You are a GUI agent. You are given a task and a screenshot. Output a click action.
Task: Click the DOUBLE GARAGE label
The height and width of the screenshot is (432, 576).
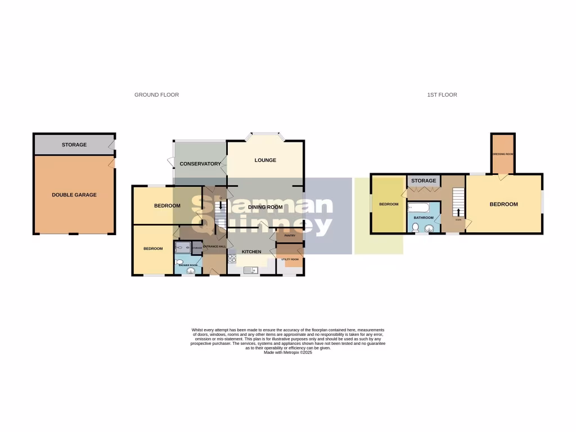pyautogui.click(x=74, y=195)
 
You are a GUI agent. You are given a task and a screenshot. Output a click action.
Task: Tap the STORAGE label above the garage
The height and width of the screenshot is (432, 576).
pyautogui.click(x=74, y=145)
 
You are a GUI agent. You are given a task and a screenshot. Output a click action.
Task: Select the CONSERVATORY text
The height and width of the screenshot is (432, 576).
pyautogui.click(x=200, y=164)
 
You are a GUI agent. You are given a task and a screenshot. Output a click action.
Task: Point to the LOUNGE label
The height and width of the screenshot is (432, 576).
pyautogui.click(x=265, y=160)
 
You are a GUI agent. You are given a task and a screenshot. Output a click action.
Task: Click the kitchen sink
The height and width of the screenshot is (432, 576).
pyautogui.click(x=249, y=270)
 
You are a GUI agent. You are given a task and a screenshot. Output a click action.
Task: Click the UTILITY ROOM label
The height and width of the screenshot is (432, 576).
pyautogui.click(x=290, y=259)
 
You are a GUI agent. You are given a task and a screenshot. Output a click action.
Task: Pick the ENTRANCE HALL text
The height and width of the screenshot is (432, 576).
pyautogui.click(x=214, y=246)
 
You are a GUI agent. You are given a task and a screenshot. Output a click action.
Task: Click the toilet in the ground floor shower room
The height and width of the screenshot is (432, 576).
pyautogui.click(x=179, y=262)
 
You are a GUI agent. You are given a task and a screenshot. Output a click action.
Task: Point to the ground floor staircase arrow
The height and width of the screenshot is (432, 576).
pyautogui.click(x=220, y=206)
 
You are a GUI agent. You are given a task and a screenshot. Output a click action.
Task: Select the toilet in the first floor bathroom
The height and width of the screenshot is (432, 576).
pyautogui.click(x=415, y=228)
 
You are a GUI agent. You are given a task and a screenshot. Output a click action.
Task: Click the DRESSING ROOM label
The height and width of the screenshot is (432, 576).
pyautogui.click(x=502, y=154)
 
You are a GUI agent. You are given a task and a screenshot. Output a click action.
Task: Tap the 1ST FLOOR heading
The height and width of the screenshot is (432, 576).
pyautogui.click(x=442, y=95)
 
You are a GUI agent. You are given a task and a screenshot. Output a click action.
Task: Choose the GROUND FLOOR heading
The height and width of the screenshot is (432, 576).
pyautogui.click(x=156, y=95)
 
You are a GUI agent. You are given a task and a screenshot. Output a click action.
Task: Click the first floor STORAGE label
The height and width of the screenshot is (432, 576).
pyautogui.click(x=424, y=181)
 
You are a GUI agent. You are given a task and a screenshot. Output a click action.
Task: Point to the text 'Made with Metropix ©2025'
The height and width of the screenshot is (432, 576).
pyautogui.click(x=287, y=352)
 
